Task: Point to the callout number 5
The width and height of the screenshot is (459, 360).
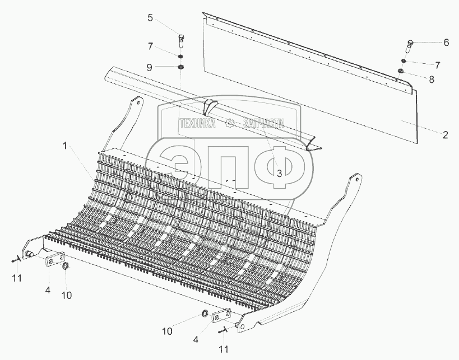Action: [150, 18]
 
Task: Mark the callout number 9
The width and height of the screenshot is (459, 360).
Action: [150, 67]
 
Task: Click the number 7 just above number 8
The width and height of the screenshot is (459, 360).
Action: [437, 66]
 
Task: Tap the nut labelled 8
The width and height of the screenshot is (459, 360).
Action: [401, 71]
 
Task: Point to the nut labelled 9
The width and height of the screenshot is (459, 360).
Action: [181, 68]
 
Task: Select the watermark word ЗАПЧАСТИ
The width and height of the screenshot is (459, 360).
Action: [263, 124]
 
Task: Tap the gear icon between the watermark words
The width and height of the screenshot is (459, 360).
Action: [230, 124]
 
